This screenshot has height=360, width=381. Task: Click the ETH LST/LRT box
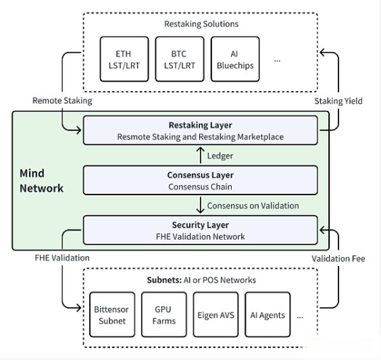click(124, 59)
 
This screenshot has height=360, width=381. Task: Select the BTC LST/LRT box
click(180, 59)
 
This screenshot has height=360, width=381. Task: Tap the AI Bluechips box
click(235, 59)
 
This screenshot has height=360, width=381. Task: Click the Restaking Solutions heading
click(201, 24)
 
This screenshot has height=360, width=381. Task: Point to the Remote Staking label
click(62, 101)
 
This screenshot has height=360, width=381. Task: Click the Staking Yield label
click(338, 101)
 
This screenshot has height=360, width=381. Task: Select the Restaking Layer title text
click(201, 125)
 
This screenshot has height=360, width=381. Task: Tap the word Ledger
click(220, 156)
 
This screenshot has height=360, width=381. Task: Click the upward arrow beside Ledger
click(200, 155)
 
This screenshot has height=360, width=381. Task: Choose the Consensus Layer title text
click(201, 175)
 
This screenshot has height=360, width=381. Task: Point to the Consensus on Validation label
click(253, 206)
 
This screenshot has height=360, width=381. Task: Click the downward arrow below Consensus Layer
click(200, 205)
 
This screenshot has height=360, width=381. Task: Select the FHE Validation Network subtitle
click(201, 236)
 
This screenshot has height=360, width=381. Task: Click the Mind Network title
click(42, 181)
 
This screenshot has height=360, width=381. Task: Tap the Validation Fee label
click(338, 259)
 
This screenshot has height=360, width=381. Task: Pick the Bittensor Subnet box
click(112, 315)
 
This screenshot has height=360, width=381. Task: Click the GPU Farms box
click(164, 315)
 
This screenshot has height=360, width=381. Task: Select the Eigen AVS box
click(215, 315)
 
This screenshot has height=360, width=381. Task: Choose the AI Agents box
click(268, 315)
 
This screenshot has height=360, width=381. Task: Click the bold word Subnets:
click(164, 280)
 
